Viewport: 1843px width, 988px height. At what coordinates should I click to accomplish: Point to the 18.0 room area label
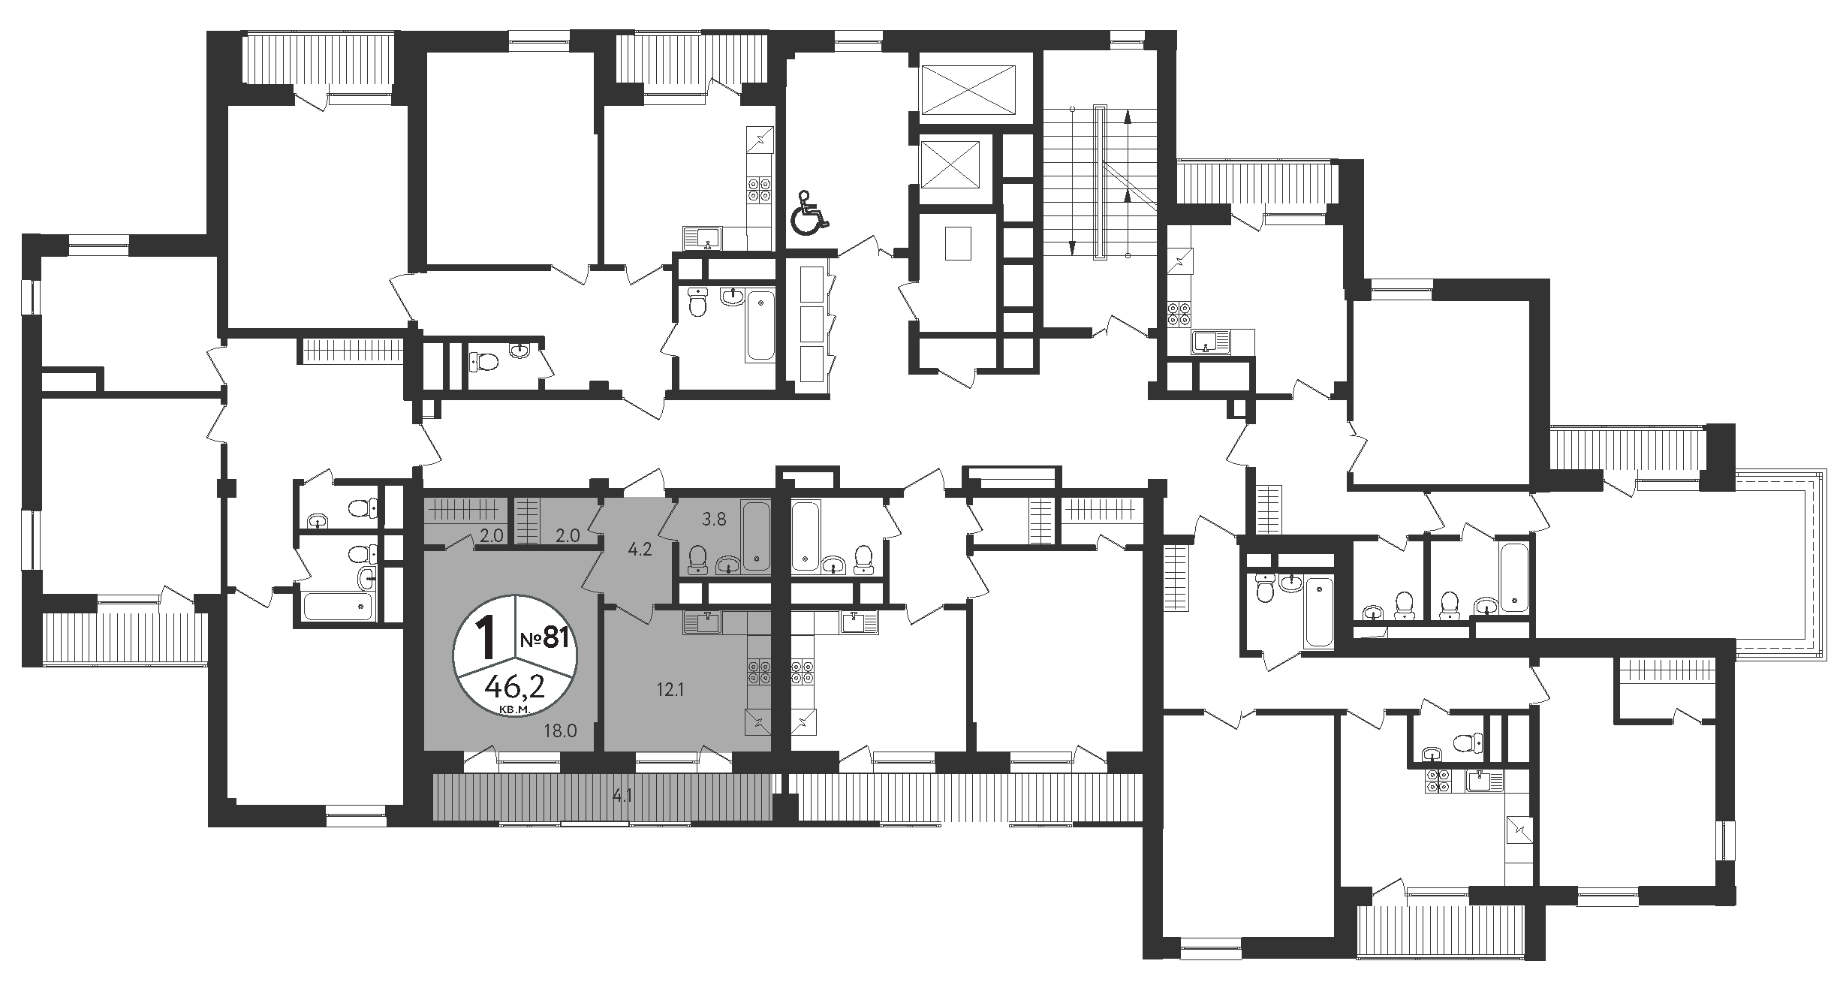(x=561, y=730)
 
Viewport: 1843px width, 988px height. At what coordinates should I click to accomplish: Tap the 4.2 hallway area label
(x=639, y=549)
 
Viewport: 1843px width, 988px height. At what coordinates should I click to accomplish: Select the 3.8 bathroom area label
(x=713, y=518)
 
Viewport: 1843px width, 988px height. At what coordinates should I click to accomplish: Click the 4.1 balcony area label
(x=621, y=796)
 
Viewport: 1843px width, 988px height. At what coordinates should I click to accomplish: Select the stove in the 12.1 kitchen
(x=757, y=670)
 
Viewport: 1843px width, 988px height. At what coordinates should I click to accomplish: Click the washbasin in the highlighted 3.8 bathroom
(x=728, y=563)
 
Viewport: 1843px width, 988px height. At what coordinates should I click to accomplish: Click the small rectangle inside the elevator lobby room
(x=958, y=242)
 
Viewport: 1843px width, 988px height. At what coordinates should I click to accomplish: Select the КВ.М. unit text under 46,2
(x=514, y=708)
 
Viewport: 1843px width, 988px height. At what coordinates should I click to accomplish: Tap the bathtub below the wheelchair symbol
(x=759, y=326)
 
